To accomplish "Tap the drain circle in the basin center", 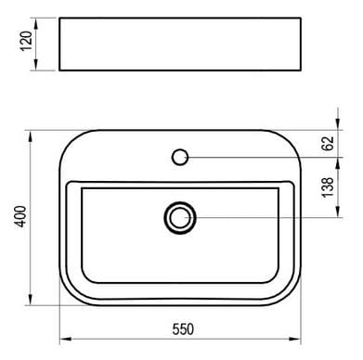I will click(x=180, y=218).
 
